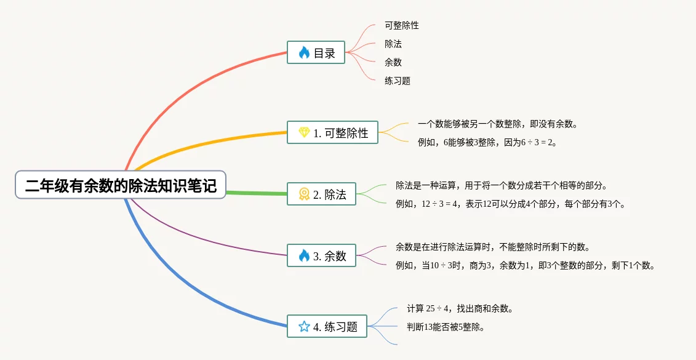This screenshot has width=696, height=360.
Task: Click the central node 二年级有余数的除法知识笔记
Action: [121, 185]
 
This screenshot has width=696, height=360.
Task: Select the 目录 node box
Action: [316, 52]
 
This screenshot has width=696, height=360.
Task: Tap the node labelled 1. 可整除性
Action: [333, 132]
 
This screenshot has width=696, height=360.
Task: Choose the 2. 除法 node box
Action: [322, 194]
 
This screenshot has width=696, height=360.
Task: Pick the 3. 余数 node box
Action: [322, 255]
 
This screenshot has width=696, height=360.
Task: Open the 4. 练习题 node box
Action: [327, 326]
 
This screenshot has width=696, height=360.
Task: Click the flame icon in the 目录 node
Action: [304, 53]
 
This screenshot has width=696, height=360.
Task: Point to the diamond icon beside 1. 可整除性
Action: [304, 132]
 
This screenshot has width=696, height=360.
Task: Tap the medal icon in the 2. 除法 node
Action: [304, 194]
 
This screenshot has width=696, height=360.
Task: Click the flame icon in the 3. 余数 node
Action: [304, 255]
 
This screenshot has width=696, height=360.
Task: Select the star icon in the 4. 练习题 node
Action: [304, 326]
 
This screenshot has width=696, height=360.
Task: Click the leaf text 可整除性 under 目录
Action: [402, 26]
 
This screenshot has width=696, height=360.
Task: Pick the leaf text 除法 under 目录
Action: [393, 44]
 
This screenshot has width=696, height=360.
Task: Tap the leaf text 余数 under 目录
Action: [393, 62]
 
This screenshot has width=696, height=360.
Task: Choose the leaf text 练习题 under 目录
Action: [398, 81]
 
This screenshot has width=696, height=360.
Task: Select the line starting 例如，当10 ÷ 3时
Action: [525, 266]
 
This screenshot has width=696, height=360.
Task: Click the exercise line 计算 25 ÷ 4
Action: [460, 308]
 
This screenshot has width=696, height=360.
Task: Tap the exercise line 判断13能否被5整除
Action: [446, 327]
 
